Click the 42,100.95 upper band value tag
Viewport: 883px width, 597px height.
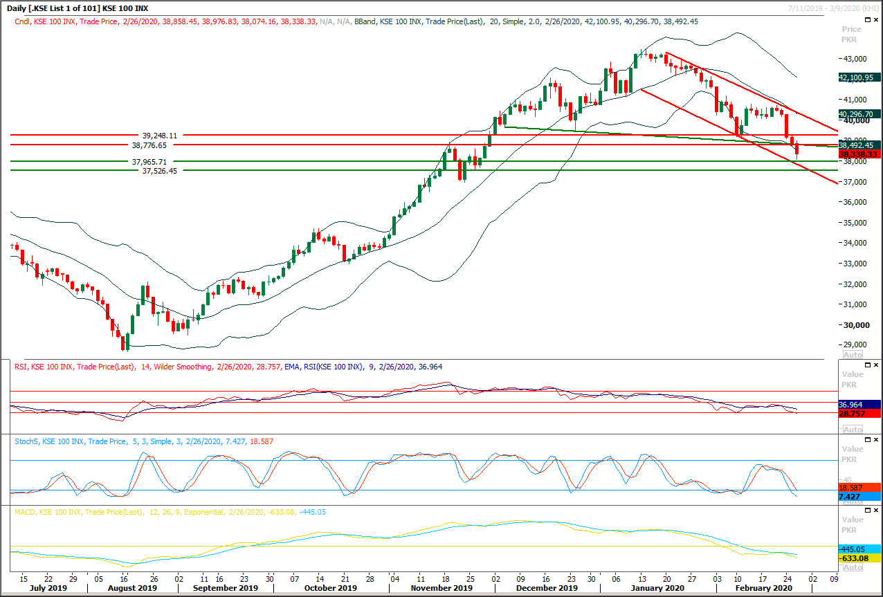859,78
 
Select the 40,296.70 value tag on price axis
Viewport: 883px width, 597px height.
859,114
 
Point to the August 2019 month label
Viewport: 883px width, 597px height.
131,588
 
